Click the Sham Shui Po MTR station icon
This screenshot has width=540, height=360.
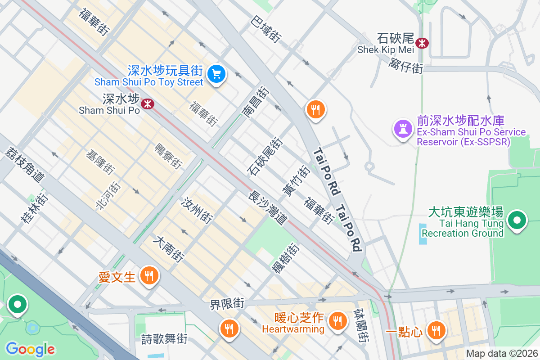point(147,104)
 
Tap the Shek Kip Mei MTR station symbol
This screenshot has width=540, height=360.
point(422,43)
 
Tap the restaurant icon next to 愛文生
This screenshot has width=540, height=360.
point(149,276)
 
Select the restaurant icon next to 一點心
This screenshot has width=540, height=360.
point(435,331)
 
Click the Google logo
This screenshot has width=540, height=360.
point(30,349)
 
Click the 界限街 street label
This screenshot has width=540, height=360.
point(227,305)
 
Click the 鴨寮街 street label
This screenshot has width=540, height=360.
point(168,156)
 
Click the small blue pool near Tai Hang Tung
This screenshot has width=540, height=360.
point(423,234)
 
